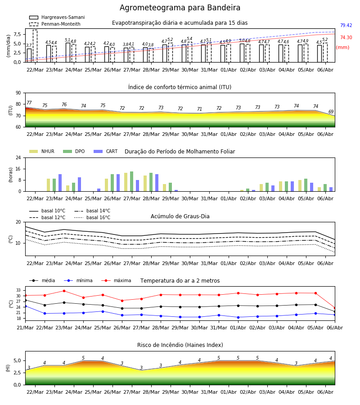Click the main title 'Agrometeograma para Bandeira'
tap(180, 8)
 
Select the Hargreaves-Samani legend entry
tap(57, 17)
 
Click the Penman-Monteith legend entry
tap(55, 24)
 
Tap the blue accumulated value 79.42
tap(346, 25)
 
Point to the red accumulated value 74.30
tap(346, 37)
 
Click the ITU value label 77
tap(29, 103)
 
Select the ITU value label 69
tap(331, 112)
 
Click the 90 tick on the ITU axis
tap(18, 93)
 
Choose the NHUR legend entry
tap(41, 151)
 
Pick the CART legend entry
tap(105, 151)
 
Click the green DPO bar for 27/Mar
tap(132, 181)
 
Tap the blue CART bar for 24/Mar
tap(80, 184)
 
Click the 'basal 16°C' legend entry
tap(92, 217)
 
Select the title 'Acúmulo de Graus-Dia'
tap(180, 216)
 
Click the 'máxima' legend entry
tap(116, 280)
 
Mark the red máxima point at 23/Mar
tap(64, 291)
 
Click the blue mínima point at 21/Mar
tap(25, 306)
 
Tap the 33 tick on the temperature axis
tap(18, 290)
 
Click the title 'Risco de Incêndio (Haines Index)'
tap(180, 345)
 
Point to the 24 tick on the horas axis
tap(18, 157)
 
